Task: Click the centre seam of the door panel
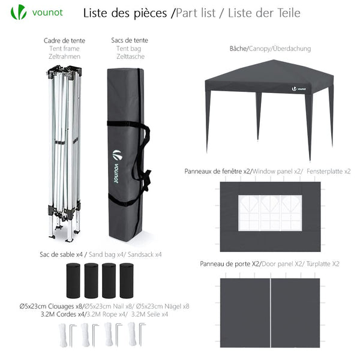pos(271,312)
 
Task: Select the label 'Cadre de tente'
pos(64,41)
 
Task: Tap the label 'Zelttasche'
pos(130,56)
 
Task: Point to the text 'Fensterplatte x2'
pos(328,172)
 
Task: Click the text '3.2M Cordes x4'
pos(63,314)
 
